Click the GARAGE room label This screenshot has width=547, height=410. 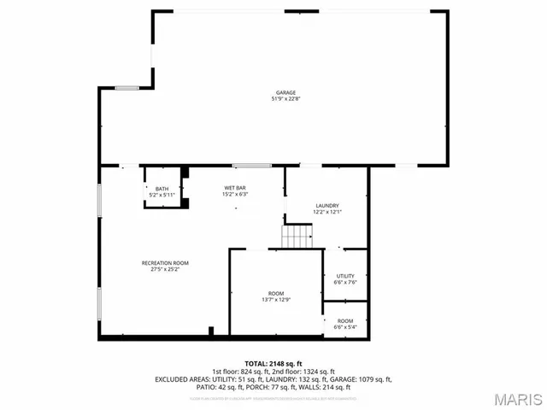tap(285, 92)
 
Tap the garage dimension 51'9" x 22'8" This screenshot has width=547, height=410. tap(285, 99)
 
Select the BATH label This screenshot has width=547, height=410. tap(162, 189)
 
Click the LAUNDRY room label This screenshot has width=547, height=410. tap(327, 205)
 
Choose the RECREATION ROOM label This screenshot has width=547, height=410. tap(165, 262)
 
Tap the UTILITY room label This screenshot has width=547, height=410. tap(345, 276)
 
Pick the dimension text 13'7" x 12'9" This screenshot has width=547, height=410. tap(276, 300)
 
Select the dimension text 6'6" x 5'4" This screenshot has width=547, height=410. tap(345, 327)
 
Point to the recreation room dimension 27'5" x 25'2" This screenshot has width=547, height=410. tap(165, 269)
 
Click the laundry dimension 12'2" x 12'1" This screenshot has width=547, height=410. tap(327, 212)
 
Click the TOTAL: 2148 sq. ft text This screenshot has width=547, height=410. tap(273, 364)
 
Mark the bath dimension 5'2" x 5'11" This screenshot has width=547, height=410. tap(162, 196)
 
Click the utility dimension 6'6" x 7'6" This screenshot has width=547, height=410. tap(345, 283)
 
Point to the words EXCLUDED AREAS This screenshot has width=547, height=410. tap(182, 378)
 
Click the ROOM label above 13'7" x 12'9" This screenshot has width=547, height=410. tap(276, 293)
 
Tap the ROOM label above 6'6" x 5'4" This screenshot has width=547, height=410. tap(345, 320)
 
